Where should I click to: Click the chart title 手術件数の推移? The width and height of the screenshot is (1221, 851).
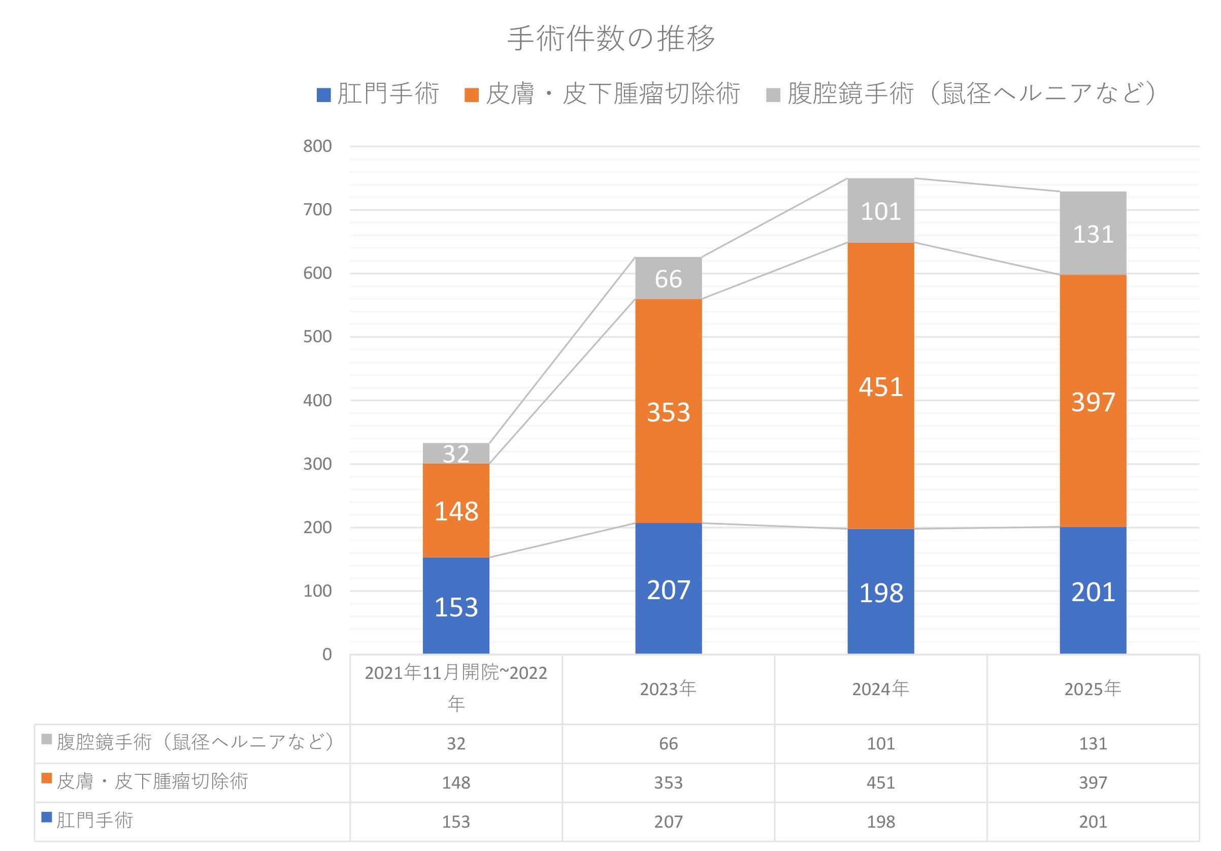610,39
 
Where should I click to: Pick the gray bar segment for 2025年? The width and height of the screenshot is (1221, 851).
1093,233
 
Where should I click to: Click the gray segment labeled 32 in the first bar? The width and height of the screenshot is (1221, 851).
456,453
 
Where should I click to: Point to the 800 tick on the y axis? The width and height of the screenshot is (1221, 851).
317,146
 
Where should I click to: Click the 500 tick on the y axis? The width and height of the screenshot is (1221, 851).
317,337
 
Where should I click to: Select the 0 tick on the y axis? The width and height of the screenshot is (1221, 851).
327,654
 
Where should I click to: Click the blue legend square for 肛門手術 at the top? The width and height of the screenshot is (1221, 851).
323,95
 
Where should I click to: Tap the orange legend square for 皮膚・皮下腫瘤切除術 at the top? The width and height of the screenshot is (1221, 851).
471,95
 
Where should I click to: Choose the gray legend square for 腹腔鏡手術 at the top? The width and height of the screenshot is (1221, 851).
773,95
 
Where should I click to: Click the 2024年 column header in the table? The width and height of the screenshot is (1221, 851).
881,690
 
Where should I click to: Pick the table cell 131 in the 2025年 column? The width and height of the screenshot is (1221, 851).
1093,743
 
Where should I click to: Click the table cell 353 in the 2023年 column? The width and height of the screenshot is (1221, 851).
669,783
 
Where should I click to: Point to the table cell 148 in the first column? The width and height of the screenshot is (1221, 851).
456,783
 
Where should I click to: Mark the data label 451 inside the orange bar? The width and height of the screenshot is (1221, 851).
881,387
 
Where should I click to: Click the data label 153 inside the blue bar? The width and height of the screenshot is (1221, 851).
456,607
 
